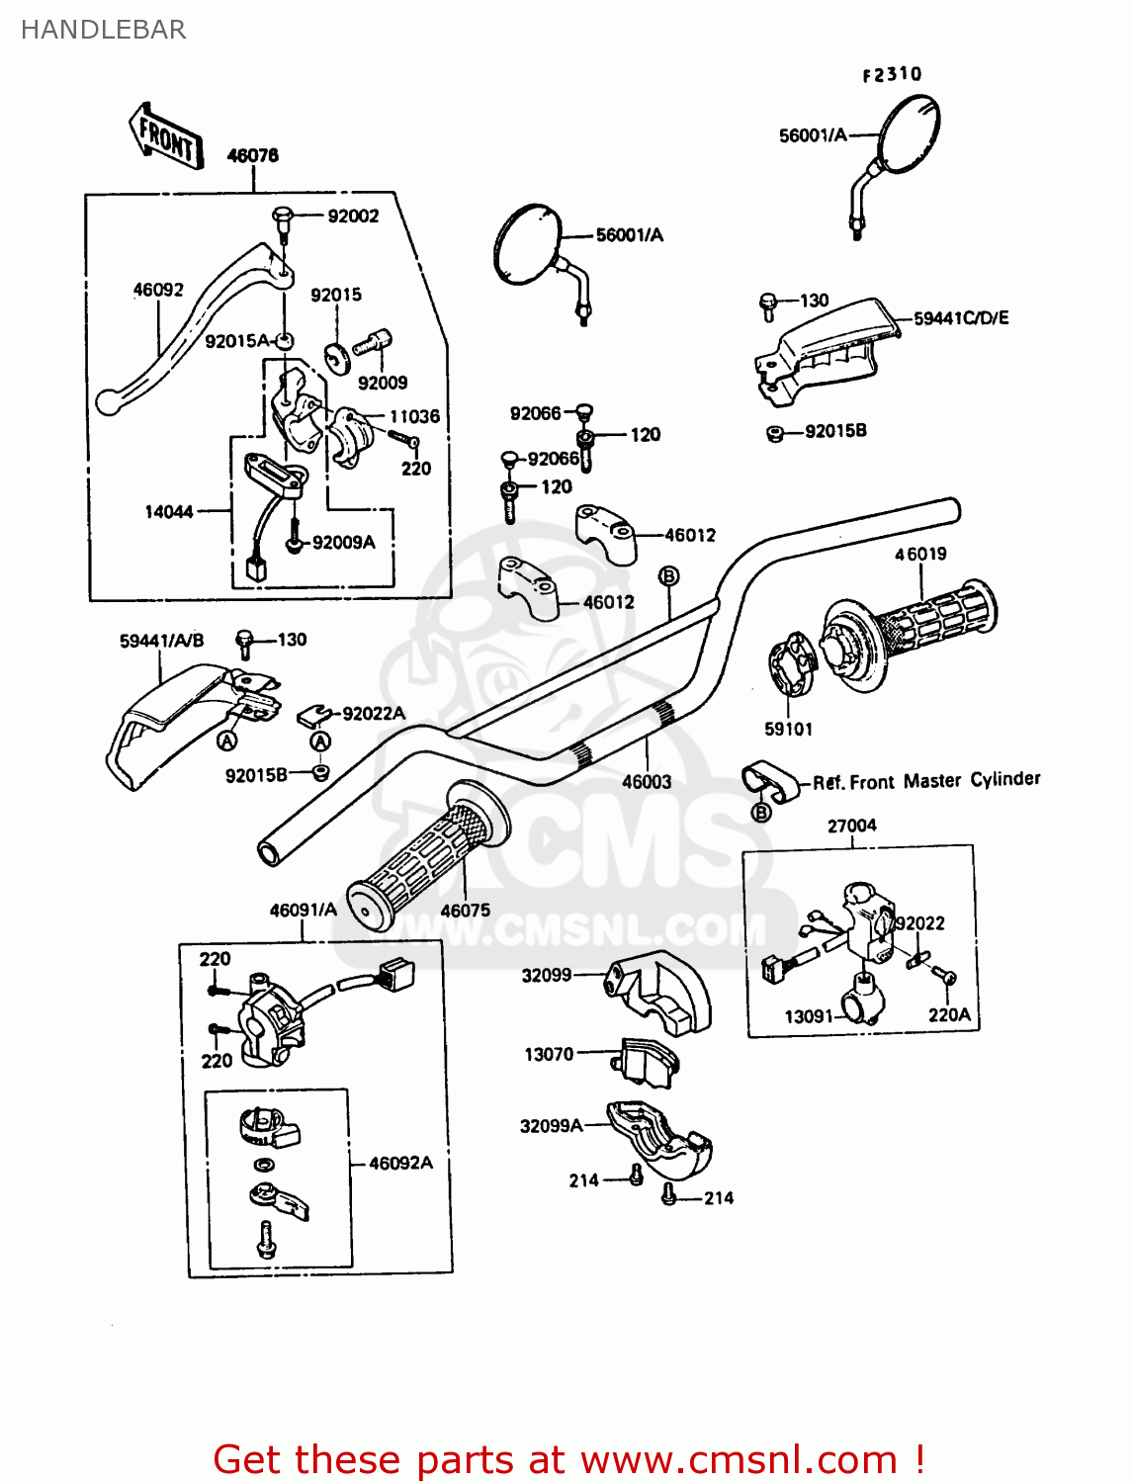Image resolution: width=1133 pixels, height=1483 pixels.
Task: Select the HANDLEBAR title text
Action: coord(103,30)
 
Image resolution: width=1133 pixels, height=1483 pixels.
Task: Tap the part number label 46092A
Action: coord(400,1163)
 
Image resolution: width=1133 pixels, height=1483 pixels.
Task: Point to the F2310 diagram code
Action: coord(892,74)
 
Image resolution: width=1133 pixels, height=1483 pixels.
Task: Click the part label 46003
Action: coord(647,781)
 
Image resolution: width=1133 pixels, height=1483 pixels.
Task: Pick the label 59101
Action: coord(788,729)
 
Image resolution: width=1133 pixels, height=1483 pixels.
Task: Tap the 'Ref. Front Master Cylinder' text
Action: coord(926,781)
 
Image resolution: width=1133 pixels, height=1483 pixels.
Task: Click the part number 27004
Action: coord(851,826)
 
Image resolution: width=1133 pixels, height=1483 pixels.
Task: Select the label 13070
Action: coord(549,1054)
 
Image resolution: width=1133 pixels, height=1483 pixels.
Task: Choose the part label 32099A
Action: coord(551,1125)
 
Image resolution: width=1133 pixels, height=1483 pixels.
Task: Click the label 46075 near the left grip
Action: coord(465,910)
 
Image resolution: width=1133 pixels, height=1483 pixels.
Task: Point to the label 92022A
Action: coord(374,713)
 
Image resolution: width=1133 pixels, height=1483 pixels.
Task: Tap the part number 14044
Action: coord(169,511)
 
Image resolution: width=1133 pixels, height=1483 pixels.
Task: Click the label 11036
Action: coord(414,416)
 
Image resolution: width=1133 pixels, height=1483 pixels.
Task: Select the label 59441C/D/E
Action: coord(961,317)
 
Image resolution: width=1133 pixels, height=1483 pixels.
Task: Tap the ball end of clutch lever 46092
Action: coord(107,401)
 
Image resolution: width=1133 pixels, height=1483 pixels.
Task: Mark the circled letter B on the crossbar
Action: coord(668,575)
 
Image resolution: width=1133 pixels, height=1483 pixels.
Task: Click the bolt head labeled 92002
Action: coord(282,215)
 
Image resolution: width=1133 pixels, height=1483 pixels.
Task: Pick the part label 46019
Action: coord(920,554)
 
